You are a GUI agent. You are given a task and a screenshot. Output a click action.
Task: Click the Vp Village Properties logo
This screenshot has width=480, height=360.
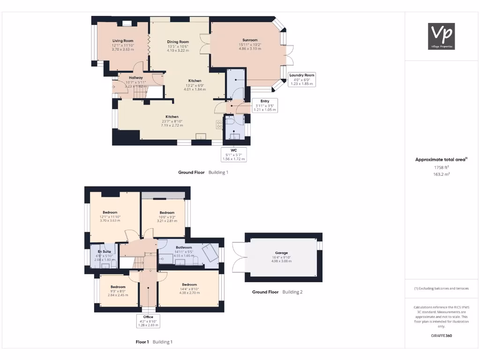click(442, 36)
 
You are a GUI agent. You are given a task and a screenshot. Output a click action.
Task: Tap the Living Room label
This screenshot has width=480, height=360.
click(123, 41)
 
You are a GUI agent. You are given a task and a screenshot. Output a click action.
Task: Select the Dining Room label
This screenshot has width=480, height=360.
click(178, 42)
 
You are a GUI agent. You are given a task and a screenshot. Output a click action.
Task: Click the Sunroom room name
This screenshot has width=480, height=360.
click(250, 40)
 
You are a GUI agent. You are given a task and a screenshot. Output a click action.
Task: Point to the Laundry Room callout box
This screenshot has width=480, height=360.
click(302, 79)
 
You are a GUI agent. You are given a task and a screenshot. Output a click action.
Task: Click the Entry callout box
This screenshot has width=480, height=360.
click(265, 105)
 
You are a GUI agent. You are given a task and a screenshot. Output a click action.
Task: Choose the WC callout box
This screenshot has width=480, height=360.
click(234, 155)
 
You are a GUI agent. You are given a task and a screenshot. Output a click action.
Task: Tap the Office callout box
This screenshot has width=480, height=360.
click(148, 321)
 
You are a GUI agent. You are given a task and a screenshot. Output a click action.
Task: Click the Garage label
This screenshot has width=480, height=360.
click(282, 253)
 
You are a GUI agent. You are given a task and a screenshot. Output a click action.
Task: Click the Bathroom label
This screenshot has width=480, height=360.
click(184, 247)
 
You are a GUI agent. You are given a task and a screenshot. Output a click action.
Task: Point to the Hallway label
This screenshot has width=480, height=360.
click(136, 78)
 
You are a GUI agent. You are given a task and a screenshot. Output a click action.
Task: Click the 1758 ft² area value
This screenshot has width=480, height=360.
click(441, 167)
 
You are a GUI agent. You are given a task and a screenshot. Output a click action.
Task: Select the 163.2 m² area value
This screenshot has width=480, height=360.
click(441, 174)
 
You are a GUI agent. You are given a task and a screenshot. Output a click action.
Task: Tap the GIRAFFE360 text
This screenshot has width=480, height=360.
click(441, 336)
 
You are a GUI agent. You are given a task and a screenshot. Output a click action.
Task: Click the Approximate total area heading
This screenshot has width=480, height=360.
click(441, 159)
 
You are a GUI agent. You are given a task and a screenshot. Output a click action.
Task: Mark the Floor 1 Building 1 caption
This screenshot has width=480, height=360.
click(154, 342)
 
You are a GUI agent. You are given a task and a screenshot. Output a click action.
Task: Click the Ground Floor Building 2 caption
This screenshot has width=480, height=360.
click(277, 292)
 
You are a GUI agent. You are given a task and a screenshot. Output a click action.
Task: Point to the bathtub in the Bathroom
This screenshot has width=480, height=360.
click(210, 253)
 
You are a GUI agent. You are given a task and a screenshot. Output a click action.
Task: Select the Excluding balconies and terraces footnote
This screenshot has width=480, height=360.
click(441, 288)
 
